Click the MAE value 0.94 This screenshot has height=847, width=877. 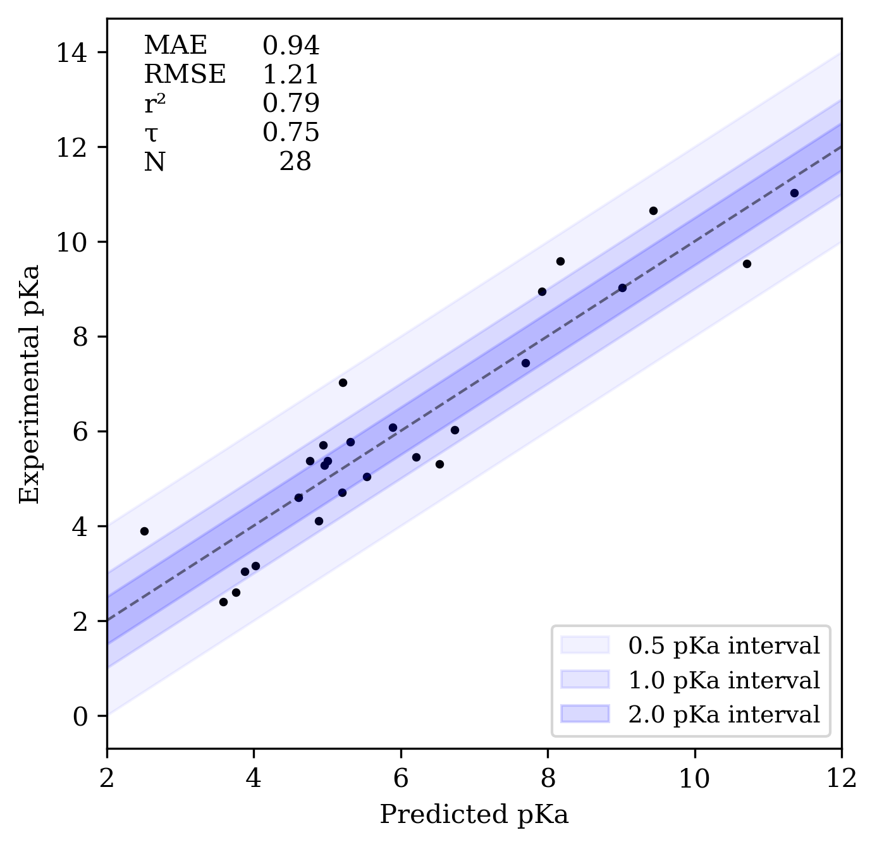pos(291,46)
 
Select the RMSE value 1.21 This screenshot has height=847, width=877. pos(291,75)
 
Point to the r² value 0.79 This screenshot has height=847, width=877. pos(291,104)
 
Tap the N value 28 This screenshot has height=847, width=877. pos(295,162)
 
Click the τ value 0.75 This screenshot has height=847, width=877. pos(291,133)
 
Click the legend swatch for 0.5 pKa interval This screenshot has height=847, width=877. pos(585,645)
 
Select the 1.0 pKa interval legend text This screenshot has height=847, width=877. pos(724,680)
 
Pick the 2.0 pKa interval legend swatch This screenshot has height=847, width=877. pos(585,714)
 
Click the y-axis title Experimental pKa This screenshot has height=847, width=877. pos(30,384)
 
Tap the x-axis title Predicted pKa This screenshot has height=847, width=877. pos(474,815)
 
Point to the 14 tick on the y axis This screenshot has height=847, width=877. pos(71,52)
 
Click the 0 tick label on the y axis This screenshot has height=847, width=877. pos(80,716)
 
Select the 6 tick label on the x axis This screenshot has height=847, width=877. pos(400,778)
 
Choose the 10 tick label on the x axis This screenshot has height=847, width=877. pos(694,778)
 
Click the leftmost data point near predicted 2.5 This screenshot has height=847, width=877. pos(144,531)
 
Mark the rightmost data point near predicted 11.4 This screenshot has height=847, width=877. pos(794,193)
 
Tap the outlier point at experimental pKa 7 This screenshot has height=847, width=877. pos(343,382)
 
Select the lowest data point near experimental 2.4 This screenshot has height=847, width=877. pos(223,602)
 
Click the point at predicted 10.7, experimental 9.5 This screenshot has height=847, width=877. pos(747,264)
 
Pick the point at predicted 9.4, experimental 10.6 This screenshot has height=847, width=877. pos(653,210)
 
